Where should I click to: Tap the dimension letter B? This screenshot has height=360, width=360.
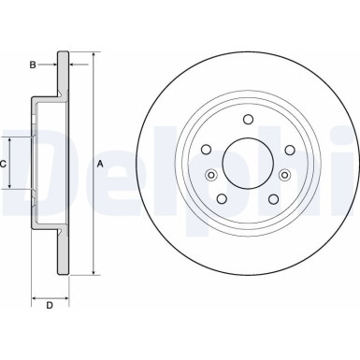click(x=33, y=65)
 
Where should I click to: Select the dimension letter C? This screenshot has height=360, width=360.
click(x=4, y=163)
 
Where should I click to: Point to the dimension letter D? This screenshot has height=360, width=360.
click(x=50, y=305)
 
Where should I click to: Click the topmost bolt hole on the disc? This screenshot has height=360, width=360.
click(x=248, y=119)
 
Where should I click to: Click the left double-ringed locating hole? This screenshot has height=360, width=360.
click(x=210, y=176)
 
